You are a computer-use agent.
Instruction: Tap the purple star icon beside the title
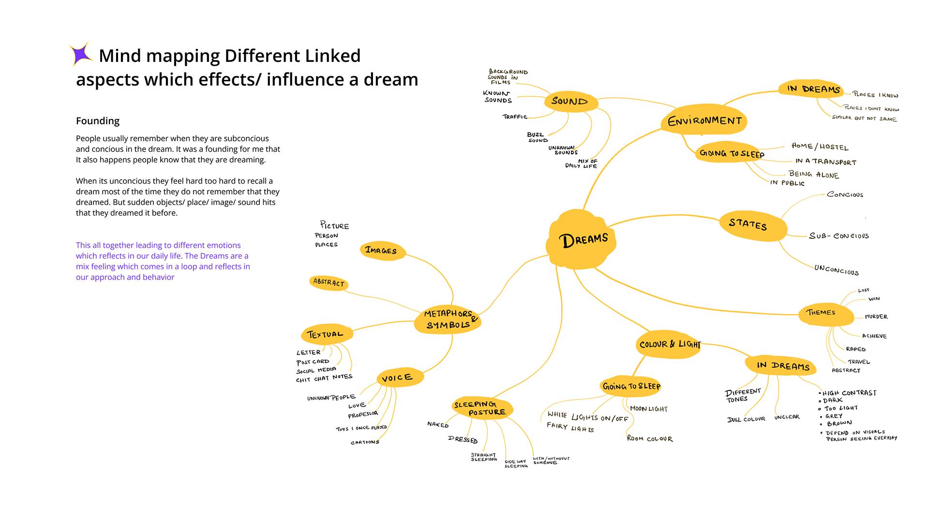point(81,54)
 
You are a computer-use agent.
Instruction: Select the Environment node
point(704,121)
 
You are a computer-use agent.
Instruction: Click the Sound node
point(570,101)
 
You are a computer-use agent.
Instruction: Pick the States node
point(749,224)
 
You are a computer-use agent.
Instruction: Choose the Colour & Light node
point(669,345)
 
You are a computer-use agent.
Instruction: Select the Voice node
point(398,377)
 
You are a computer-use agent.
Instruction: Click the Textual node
point(326,334)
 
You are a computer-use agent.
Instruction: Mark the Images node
point(381,250)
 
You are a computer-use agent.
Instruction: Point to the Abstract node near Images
point(329,282)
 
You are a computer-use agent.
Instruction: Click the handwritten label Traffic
point(515,116)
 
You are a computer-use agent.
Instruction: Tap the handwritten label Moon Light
point(648,408)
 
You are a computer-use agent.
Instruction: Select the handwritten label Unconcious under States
point(836,270)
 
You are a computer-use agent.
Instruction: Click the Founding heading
point(98,121)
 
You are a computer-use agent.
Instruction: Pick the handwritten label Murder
point(876,317)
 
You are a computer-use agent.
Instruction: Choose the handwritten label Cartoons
point(365,442)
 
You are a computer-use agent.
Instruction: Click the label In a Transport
point(825,162)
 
